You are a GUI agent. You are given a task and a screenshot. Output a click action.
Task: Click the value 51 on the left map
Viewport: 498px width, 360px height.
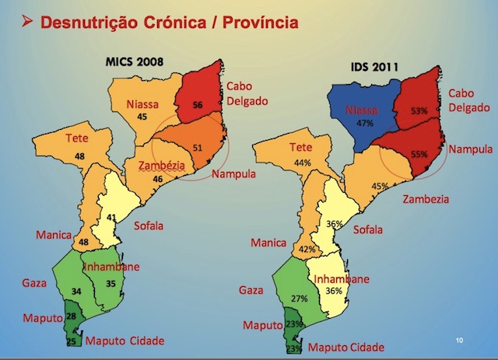(x=197, y=148)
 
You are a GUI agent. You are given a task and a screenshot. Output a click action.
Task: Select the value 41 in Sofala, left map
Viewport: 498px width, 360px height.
(x=112, y=196)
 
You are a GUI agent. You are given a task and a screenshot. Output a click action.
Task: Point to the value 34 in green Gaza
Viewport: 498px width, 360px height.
(x=75, y=292)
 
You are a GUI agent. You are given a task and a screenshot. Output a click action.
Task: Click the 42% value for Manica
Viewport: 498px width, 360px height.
(x=307, y=250)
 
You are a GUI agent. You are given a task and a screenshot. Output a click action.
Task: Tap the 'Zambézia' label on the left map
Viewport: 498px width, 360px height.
(x=160, y=166)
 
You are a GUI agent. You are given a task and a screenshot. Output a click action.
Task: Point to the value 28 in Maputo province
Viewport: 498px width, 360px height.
(x=71, y=316)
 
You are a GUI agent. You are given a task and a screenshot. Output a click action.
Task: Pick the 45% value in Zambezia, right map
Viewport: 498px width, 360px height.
(x=379, y=186)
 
